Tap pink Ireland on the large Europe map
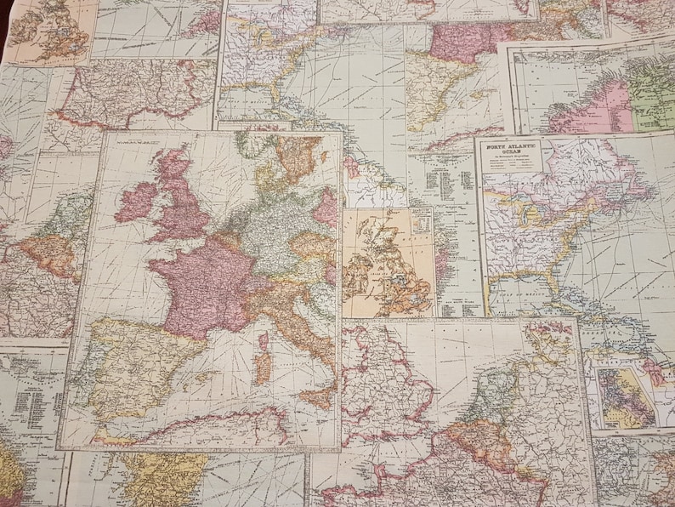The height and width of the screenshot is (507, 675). click(x=138, y=201)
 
